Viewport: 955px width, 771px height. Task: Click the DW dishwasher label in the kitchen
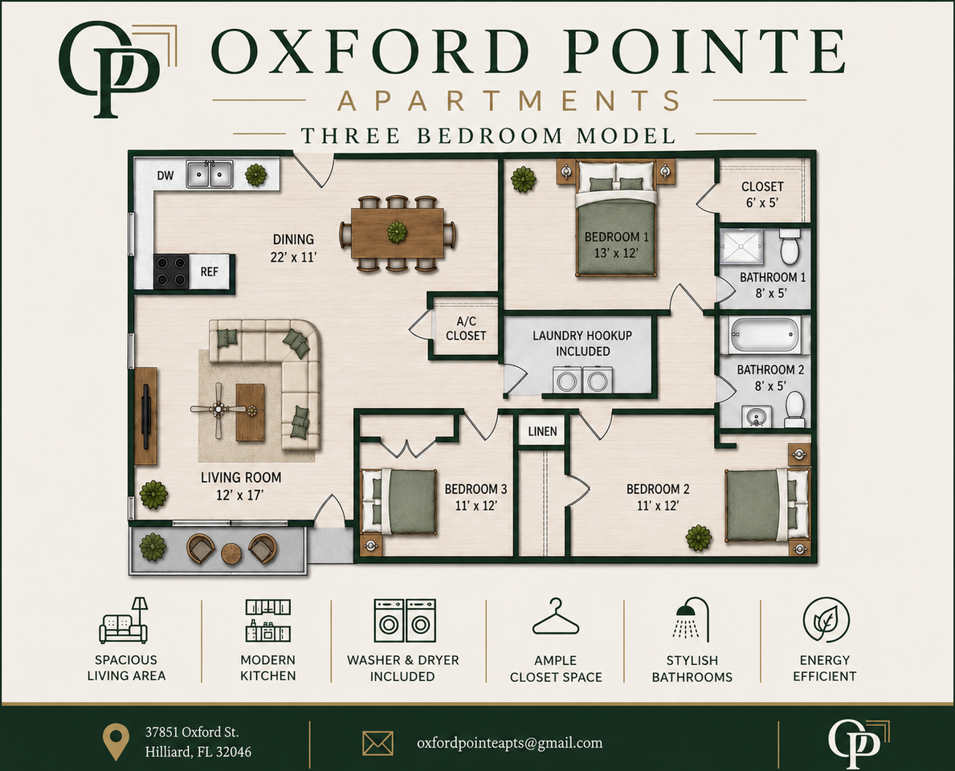click(165, 175)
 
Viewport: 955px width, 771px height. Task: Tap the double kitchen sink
click(210, 174)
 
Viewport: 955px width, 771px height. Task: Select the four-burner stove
click(170, 271)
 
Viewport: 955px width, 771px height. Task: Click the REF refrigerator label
click(209, 271)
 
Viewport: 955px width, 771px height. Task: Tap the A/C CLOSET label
click(466, 328)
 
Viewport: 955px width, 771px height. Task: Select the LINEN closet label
click(542, 431)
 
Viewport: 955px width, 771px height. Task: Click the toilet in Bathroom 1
click(790, 246)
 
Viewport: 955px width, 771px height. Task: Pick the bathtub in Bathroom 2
click(765, 335)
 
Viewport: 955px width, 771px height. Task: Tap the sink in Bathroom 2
click(757, 418)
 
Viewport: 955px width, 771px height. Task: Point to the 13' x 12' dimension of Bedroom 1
click(616, 253)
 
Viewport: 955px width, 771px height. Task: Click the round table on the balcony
click(231, 553)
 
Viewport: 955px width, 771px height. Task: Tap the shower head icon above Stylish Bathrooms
click(692, 618)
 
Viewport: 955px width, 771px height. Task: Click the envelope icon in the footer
click(378, 744)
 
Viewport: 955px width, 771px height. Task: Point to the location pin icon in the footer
click(116, 742)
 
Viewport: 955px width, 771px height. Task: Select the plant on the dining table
click(397, 232)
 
